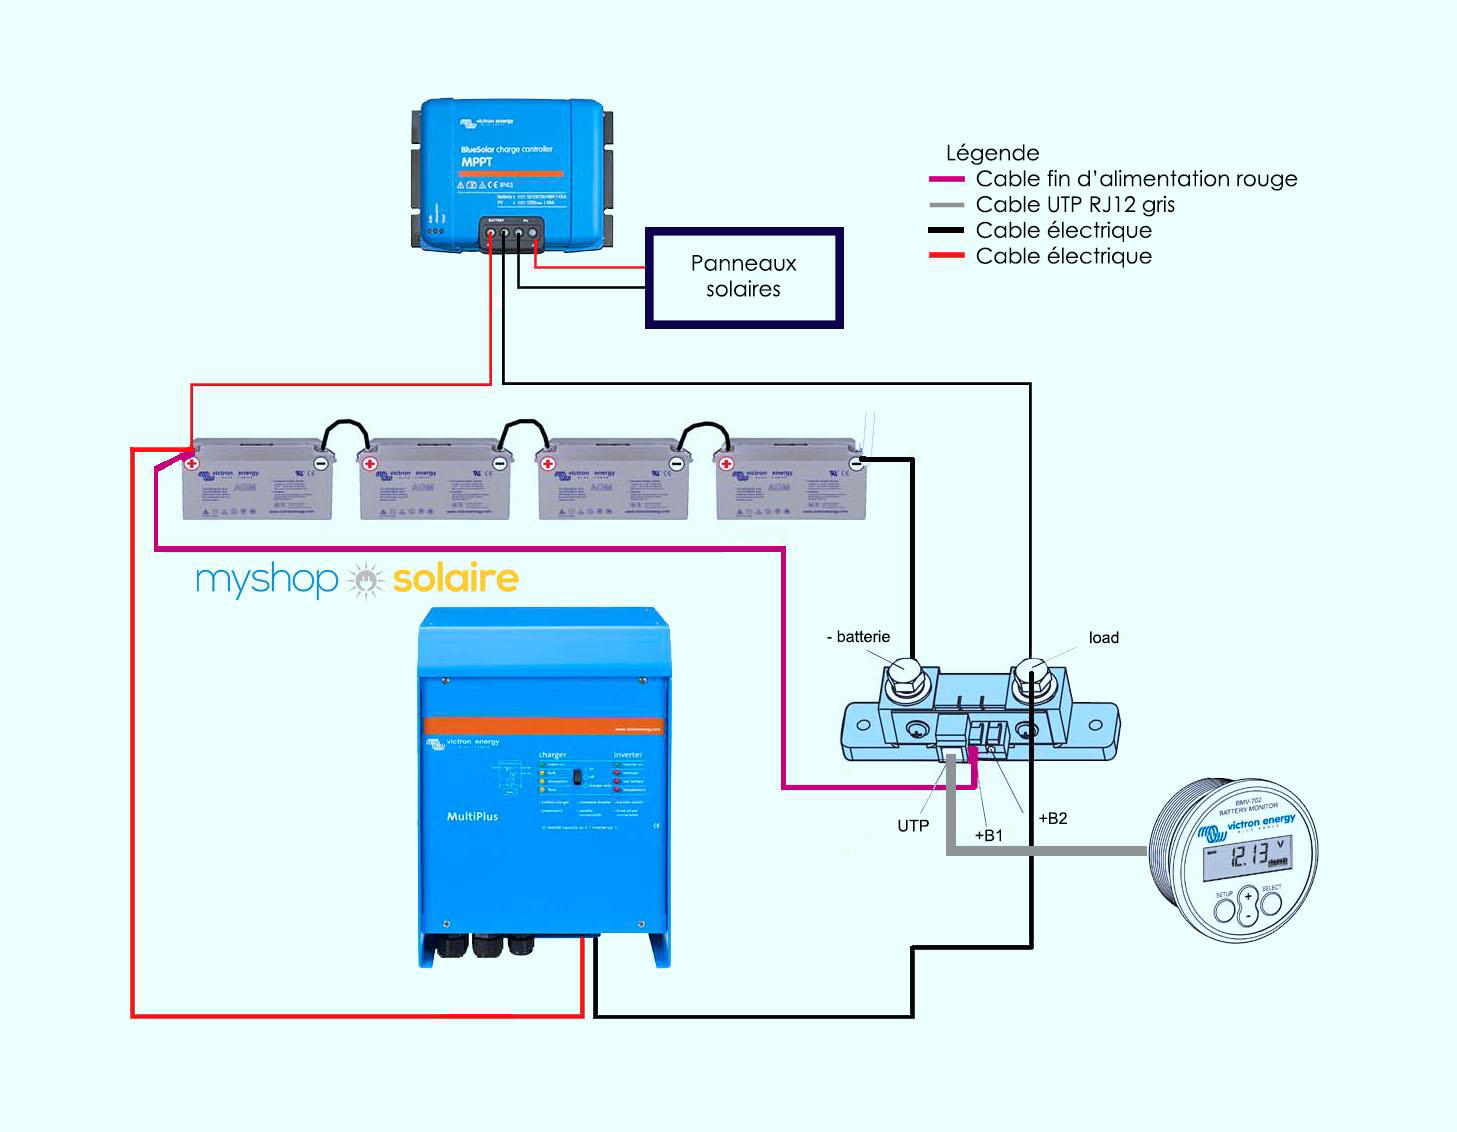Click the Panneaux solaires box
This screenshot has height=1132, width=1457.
tap(744, 277)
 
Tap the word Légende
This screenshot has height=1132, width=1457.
tap(992, 153)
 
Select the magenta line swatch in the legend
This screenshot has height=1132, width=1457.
tap(946, 179)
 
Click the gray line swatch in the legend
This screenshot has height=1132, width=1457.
tap(946, 205)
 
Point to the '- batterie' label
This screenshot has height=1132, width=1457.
tap(858, 637)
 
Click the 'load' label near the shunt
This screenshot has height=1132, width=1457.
tap(1103, 638)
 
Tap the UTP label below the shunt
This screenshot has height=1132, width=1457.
tap(912, 826)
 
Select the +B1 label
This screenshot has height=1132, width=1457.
tap(988, 836)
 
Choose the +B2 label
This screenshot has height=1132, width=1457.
tap(1052, 818)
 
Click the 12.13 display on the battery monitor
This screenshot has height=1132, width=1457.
tap(1247, 855)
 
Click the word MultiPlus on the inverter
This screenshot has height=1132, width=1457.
tap(472, 816)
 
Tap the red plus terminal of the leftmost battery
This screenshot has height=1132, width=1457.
tap(191, 464)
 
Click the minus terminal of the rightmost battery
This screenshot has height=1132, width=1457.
tap(855, 464)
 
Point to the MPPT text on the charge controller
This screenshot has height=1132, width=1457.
tap(476, 162)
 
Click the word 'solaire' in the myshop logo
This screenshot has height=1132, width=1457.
tap(455, 578)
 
